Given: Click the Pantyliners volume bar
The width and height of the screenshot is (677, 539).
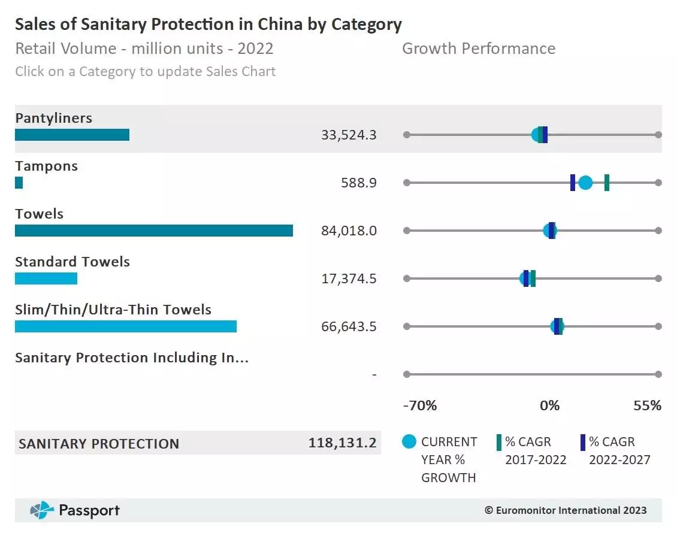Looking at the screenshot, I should click(72, 135).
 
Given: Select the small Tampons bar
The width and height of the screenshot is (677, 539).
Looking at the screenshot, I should click(19, 183).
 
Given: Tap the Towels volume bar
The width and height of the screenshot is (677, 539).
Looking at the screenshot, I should click(154, 231).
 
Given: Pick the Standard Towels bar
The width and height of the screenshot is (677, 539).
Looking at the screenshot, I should click(46, 278).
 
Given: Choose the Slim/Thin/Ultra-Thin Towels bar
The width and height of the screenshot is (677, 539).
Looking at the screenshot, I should click(126, 326).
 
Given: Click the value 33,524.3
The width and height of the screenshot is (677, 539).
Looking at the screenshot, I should click(349, 135).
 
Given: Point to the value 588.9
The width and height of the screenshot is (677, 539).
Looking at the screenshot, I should click(359, 183).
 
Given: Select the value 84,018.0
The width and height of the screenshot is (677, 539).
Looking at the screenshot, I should click(349, 231).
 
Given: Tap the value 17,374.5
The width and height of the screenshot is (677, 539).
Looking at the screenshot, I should click(349, 278).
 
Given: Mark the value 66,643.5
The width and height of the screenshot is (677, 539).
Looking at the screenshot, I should click(349, 326).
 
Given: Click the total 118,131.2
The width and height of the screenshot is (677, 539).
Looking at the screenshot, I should click(342, 443).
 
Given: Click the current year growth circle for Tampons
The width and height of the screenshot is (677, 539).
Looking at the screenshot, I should click(585, 183).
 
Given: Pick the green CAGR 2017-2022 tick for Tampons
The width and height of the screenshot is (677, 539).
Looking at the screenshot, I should click(607, 183).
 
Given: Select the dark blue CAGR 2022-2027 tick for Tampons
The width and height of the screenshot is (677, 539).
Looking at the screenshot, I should click(573, 183).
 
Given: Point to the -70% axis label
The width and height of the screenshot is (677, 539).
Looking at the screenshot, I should click(420, 405).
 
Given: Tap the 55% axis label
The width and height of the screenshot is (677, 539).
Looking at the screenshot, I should click(647, 405).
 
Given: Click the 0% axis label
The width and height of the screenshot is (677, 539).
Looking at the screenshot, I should click(549, 405).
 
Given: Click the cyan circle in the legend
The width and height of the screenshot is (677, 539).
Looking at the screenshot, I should click(409, 442).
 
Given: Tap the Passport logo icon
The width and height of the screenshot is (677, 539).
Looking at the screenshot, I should click(42, 510).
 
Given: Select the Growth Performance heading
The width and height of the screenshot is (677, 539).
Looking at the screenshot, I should click(478, 49).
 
